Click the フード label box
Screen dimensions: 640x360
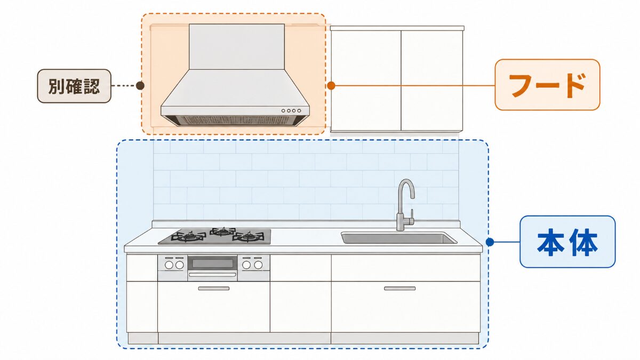pyautogui.click(x=547, y=85)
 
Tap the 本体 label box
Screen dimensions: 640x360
pyautogui.click(x=567, y=242)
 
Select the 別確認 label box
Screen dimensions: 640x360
pyautogui.click(x=74, y=86)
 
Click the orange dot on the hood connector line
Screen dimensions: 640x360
pyautogui.click(x=331, y=85)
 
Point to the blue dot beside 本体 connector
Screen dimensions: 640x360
pyautogui.click(x=490, y=242)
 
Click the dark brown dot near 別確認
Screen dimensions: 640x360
pyautogui.click(x=140, y=85)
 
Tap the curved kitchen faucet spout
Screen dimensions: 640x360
pyautogui.click(x=406, y=190)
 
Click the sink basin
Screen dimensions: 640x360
pyautogui.click(x=399, y=238)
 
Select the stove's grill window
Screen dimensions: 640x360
pyautogui.click(x=212, y=263)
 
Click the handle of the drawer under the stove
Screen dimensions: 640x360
pyautogui.click(x=214, y=289)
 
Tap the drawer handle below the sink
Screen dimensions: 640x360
pyautogui.click(x=399, y=289)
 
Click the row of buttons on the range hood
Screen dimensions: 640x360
pyautogui.click(x=291, y=110)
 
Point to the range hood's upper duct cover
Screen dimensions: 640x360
pyautogui.click(x=237, y=46)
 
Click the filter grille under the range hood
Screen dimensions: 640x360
pyautogui.click(x=235, y=121)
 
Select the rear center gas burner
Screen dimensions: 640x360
pyautogui.click(x=222, y=231)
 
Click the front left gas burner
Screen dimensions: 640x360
pyautogui.click(x=189, y=237)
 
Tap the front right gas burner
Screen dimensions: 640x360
pyautogui.click(x=248, y=237)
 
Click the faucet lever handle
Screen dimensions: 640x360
pyautogui.click(x=412, y=215)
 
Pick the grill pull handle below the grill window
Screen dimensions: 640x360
pyautogui.click(x=212, y=275)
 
